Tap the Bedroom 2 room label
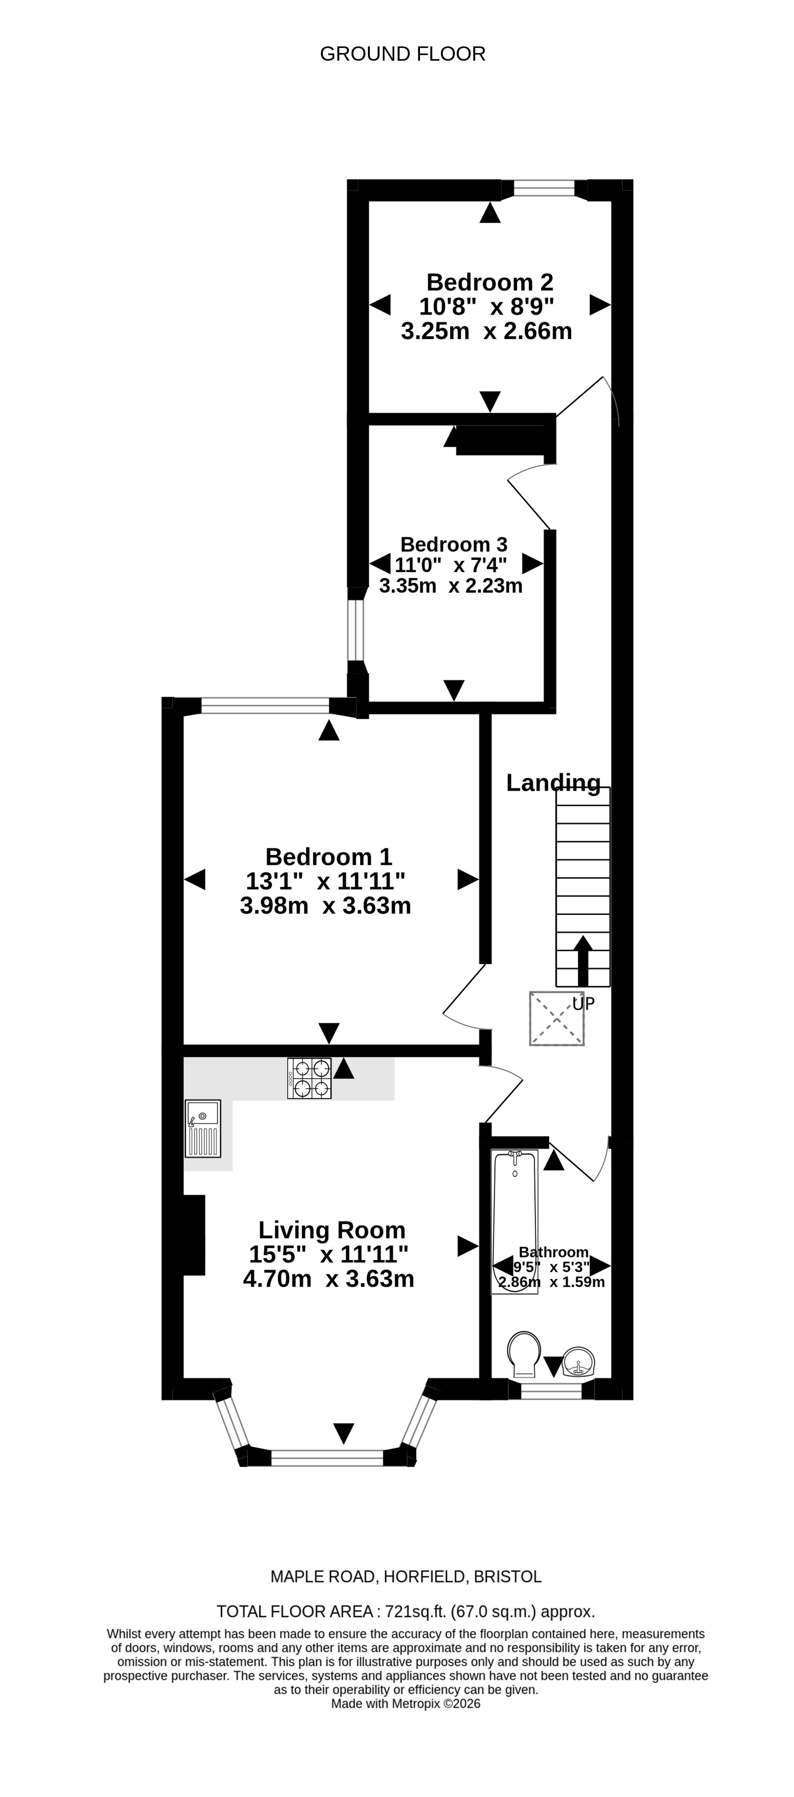pyautogui.click(x=490, y=282)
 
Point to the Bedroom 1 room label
pyautogui.click(x=329, y=856)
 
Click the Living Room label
pyautogui.click(x=332, y=1230)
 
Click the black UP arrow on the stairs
pyautogui.click(x=582, y=961)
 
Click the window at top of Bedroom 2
pyautogui.click(x=544, y=188)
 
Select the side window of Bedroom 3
pyautogui.click(x=357, y=630)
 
